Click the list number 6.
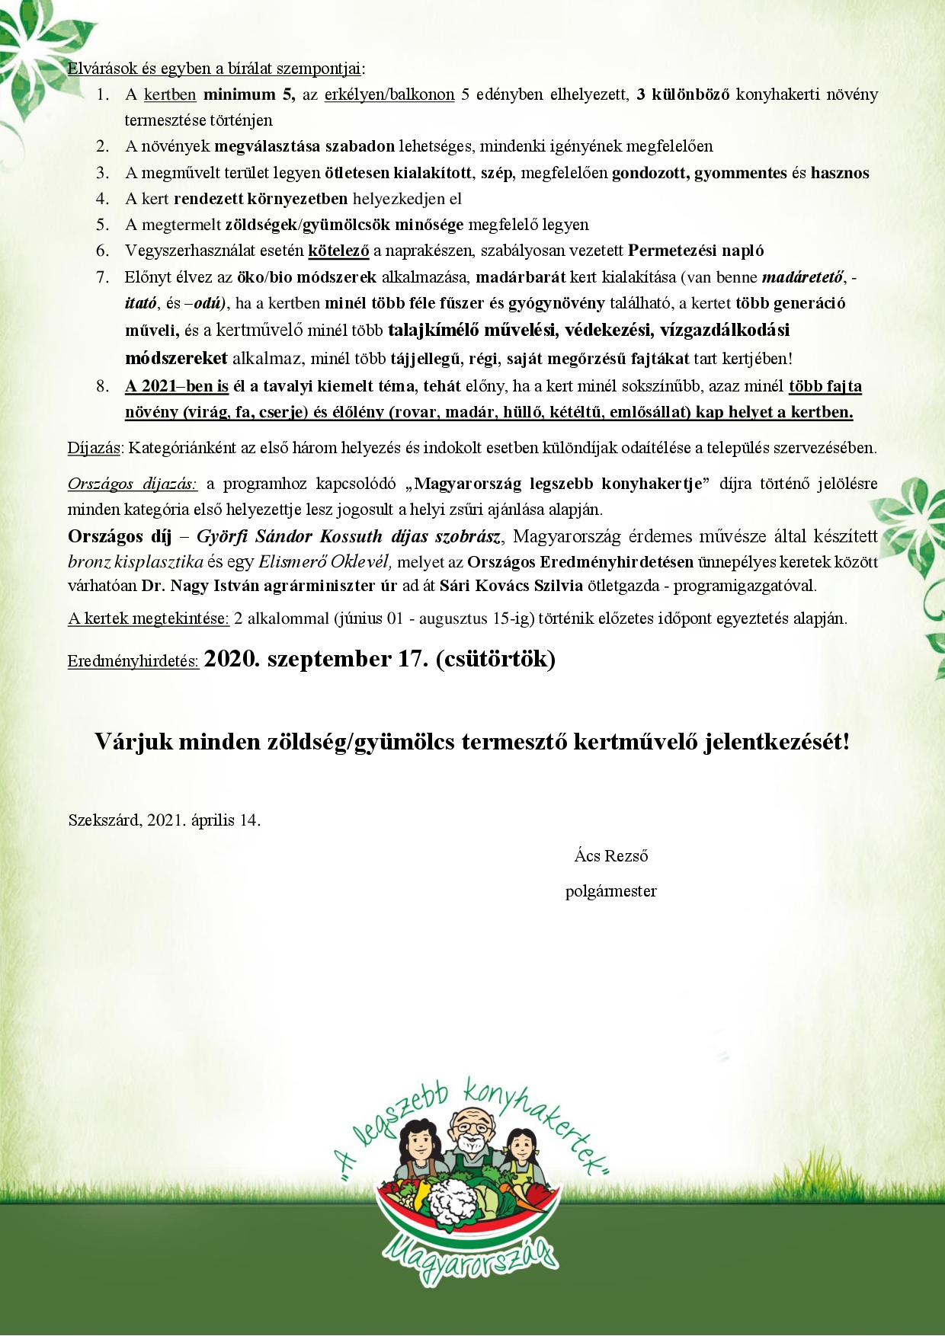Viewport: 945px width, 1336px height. [x=102, y=251]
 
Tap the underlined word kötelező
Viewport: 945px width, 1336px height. [x=338, y=251]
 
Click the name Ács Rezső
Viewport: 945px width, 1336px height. [x=611, y=856]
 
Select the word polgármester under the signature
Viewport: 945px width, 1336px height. [x=610, y=891]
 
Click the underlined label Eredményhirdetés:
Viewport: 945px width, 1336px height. [x=133, y=661]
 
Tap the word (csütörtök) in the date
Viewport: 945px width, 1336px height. [x=495, y=659]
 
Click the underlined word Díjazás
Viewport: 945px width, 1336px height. [x=94, y=448]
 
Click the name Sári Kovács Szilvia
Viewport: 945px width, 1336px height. [x=511, y=586]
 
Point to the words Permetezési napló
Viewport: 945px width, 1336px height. [x=696, y=251]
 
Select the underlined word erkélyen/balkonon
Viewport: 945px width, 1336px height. [x=389, y=94]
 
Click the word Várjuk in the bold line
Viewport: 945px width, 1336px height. [x=133, y=742]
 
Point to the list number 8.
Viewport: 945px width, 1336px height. [x=102, y=386]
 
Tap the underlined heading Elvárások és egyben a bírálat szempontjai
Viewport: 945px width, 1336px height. [x=214, y=69]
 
